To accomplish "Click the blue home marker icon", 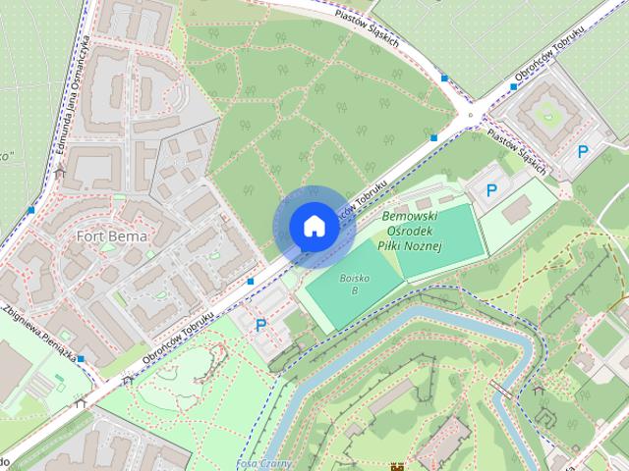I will [314, 227].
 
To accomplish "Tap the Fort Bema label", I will [112, 236].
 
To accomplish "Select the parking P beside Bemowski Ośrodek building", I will [491, 189].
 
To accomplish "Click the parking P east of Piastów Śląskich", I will [583, 151].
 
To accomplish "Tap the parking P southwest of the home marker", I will [260, 325].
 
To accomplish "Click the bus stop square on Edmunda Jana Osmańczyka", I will [32, 209].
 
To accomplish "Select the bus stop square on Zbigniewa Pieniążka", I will [82, 359].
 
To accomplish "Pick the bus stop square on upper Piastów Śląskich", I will [445, 78].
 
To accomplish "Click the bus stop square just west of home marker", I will [252, 282].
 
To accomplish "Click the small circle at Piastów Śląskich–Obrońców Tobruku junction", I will [471, 114].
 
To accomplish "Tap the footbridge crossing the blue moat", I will [501, 389].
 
